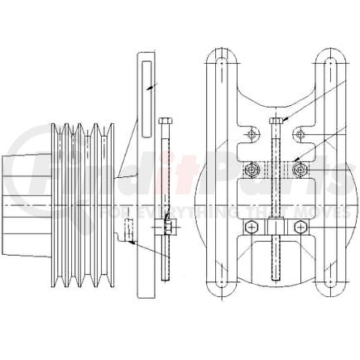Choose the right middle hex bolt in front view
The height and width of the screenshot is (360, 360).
tap(301, 170)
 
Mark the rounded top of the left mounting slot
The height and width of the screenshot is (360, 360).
tap(222, 60)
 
